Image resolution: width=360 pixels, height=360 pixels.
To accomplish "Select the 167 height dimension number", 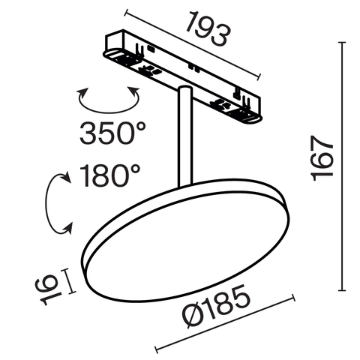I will click(321, 160).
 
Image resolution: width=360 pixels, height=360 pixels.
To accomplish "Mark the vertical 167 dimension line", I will click(343, 166).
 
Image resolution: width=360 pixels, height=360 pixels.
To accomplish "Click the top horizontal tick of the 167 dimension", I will click(343, 43).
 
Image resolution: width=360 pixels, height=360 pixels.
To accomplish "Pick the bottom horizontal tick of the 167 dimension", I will click(343, 290).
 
